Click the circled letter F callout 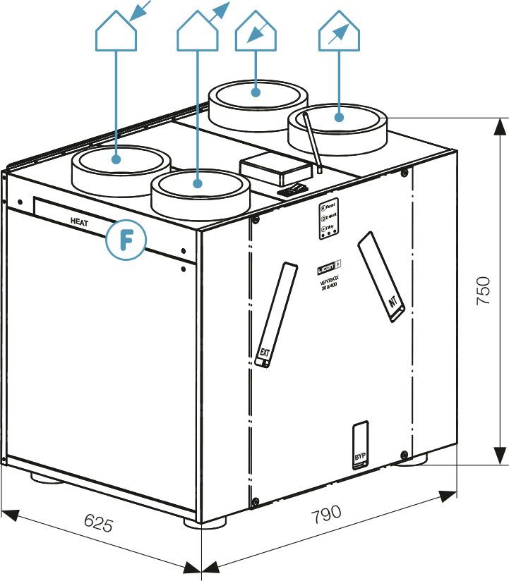click(126, 240)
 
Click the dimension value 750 click(484, 290)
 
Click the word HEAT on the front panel click(80, 221)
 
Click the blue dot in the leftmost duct click(116, 159)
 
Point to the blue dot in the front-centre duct click(198, 184)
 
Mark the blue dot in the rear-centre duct click(256, 92)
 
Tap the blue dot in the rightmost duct click(339, 117)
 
